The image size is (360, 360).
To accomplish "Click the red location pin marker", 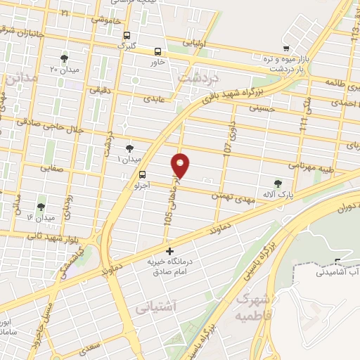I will (181, 165).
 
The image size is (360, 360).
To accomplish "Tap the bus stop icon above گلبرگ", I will (127, 36).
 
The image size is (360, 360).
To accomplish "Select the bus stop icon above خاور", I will (158, 51).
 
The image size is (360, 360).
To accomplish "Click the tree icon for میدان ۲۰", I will (65, 58).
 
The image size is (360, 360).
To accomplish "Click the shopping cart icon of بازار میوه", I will (285, 49).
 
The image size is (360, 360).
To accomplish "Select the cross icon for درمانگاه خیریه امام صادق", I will (169, 250).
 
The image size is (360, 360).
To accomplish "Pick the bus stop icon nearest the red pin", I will (143, 174).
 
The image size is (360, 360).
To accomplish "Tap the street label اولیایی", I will (194, 43).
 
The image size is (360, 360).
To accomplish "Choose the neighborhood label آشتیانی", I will (176, 306).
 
